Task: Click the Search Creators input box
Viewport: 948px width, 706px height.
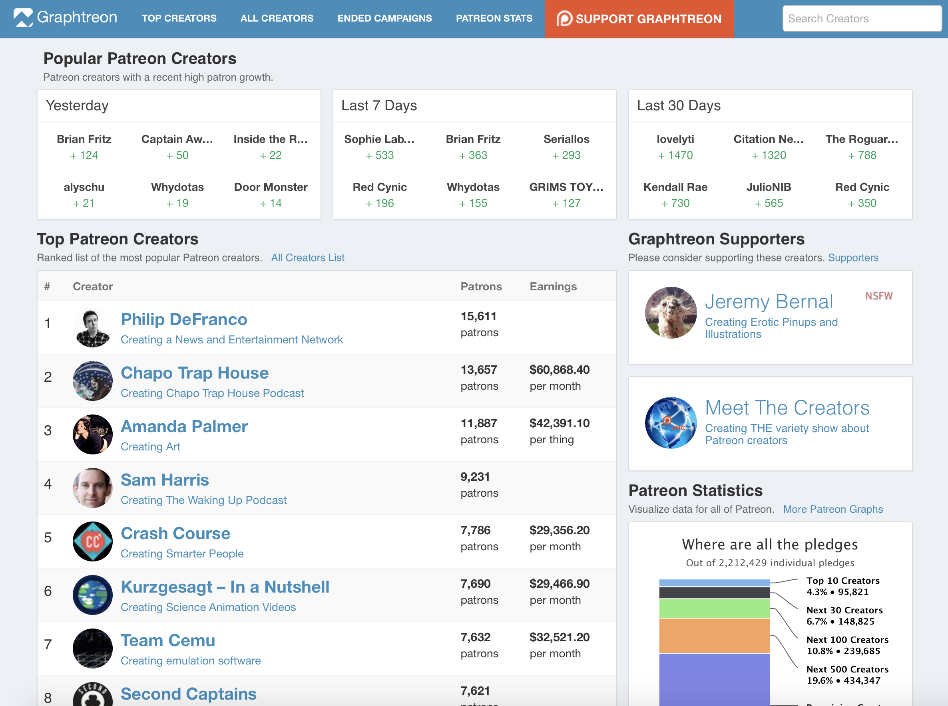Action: [x=861, y=18]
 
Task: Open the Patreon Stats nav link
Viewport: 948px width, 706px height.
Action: [x=494, y=18]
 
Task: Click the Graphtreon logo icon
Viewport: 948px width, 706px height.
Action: [x=23, y=18]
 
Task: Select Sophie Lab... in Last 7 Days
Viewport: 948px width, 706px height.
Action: [x=379, y=139]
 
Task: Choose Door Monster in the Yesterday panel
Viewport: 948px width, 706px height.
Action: [x=271, y=187]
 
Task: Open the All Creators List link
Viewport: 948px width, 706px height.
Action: [x=307, y=258]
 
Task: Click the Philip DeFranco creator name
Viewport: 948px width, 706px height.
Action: [x=184, y=319]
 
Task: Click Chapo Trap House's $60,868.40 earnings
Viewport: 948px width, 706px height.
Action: [x=559, y=370]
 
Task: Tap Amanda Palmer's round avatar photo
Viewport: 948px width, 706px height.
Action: [x=92, y=434]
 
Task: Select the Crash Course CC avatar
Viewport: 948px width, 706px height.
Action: [x=92, y=541]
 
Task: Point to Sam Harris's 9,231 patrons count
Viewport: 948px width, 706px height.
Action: [x=475, y=476]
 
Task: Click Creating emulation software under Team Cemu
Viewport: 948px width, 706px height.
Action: [x=191, y=661]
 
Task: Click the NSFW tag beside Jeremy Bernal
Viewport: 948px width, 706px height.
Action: [x=879, y=296]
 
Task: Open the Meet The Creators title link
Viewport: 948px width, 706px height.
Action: [x=787, y=408]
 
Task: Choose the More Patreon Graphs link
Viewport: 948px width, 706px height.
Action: [x=832, y=510]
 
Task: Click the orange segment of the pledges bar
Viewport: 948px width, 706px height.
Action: [x=714, y=635]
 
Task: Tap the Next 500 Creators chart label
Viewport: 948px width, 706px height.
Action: [x=847, y=669]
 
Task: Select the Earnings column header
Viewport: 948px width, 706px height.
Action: [x=553, y=286]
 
